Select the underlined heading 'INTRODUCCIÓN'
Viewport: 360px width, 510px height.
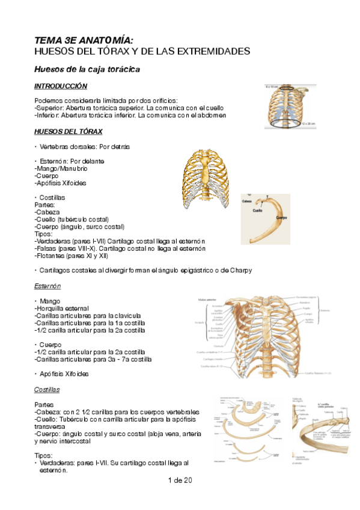[61, 87]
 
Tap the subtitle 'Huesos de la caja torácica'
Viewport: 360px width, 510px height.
[87, 70]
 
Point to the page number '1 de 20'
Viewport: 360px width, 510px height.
[180, 480]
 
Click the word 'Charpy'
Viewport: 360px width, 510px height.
[239, 271]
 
